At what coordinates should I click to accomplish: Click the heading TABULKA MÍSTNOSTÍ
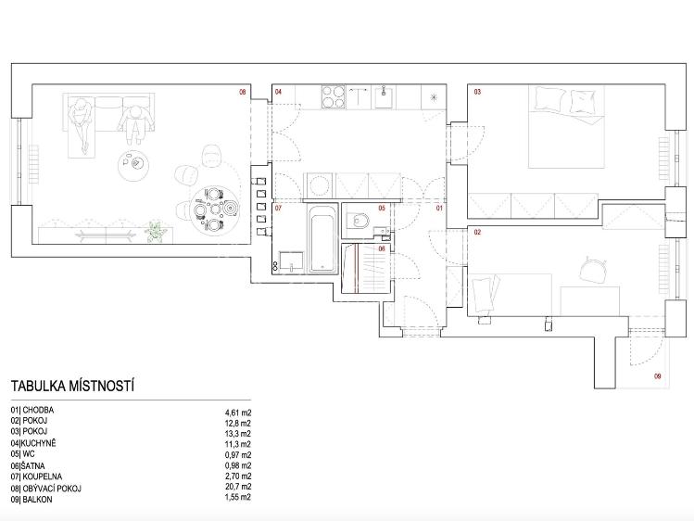[x=72, y=386]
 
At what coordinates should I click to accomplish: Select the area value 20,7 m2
[x=238, y=487]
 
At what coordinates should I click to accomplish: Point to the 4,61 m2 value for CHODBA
[x=238, y=413]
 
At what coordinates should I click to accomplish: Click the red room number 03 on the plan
[x=477, y=92]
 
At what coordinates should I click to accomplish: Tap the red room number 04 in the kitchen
[x=278, y=92]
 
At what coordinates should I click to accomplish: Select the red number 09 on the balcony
[x=658, y=376]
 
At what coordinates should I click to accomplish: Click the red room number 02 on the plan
[x=477, y=232]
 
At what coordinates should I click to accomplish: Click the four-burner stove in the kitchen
[x=334, y=97]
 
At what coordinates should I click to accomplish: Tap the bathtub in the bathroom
[x=322, y=239]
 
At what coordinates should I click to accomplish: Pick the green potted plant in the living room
[x=154, y=232]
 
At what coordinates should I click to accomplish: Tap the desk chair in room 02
[x=593, y=269]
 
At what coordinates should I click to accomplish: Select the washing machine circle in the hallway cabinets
[x=320, y=185]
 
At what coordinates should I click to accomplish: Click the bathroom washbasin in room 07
[x=291, y=261]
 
